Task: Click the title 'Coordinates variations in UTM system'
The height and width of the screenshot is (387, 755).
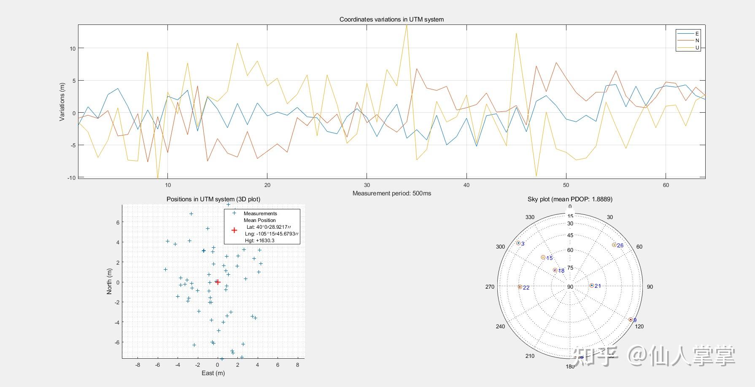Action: [x=391, y=19]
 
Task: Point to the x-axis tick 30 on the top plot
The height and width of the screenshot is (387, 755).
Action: [x=367, y=185]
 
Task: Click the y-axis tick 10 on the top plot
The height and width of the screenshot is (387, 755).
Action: [x=73, y=49]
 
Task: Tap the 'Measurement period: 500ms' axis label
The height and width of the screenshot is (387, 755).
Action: [x=391, y=193]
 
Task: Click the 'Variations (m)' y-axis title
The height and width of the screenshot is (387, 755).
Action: [x=62, y=102]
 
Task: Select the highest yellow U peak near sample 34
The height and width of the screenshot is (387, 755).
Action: [x=407, y=25]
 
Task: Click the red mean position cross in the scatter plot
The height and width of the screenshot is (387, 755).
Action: [x=218, y=282]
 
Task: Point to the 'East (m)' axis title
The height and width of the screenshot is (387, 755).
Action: [x=213, y=373]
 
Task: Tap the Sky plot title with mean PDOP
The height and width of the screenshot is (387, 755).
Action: [x=570, y=199]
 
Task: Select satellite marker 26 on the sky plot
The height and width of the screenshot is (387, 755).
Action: [x=614, y=245]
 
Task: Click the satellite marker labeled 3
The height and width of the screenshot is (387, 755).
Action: [x=518, y=243]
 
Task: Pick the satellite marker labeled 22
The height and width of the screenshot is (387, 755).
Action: [x=520, y=287]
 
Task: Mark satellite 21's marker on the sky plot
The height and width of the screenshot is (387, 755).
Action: [x=592, y=286]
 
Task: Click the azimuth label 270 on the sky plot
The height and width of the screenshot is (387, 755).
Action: [x=490, y=287]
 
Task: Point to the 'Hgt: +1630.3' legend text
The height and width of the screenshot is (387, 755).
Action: [x=260, y=241]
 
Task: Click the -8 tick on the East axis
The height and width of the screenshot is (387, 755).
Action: [x=138, y=365]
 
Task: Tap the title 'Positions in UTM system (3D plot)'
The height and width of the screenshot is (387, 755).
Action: [x=213, y=199]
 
